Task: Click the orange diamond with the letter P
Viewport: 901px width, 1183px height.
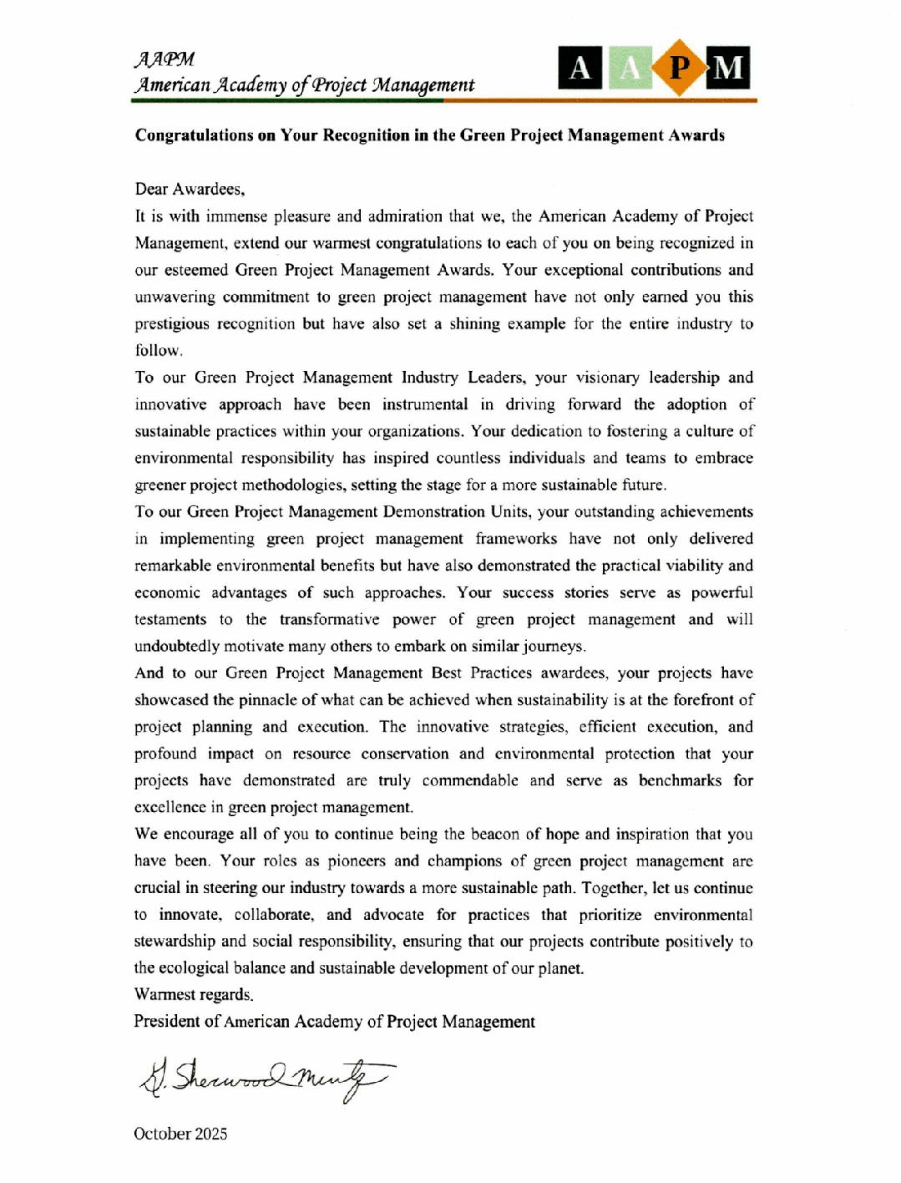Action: pos(680,68)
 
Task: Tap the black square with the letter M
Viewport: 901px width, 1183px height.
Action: pos(728,68)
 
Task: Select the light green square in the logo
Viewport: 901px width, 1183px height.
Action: pos(630,68)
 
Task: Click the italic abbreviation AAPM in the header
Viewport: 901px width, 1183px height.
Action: pos(165,60)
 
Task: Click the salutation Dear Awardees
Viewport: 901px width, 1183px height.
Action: pos(190,190)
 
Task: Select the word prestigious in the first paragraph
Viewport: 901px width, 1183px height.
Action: pos(172,324)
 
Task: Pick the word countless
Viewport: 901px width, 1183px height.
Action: pos(468,458)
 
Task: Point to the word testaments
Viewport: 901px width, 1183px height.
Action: pos(170,619)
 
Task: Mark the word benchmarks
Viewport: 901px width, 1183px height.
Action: pos(680,780)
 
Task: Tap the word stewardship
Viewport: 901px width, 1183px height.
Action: pos(174,942)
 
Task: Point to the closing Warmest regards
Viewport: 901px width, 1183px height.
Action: pos(194,995)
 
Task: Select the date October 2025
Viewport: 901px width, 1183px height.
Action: pos(180,1134)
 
